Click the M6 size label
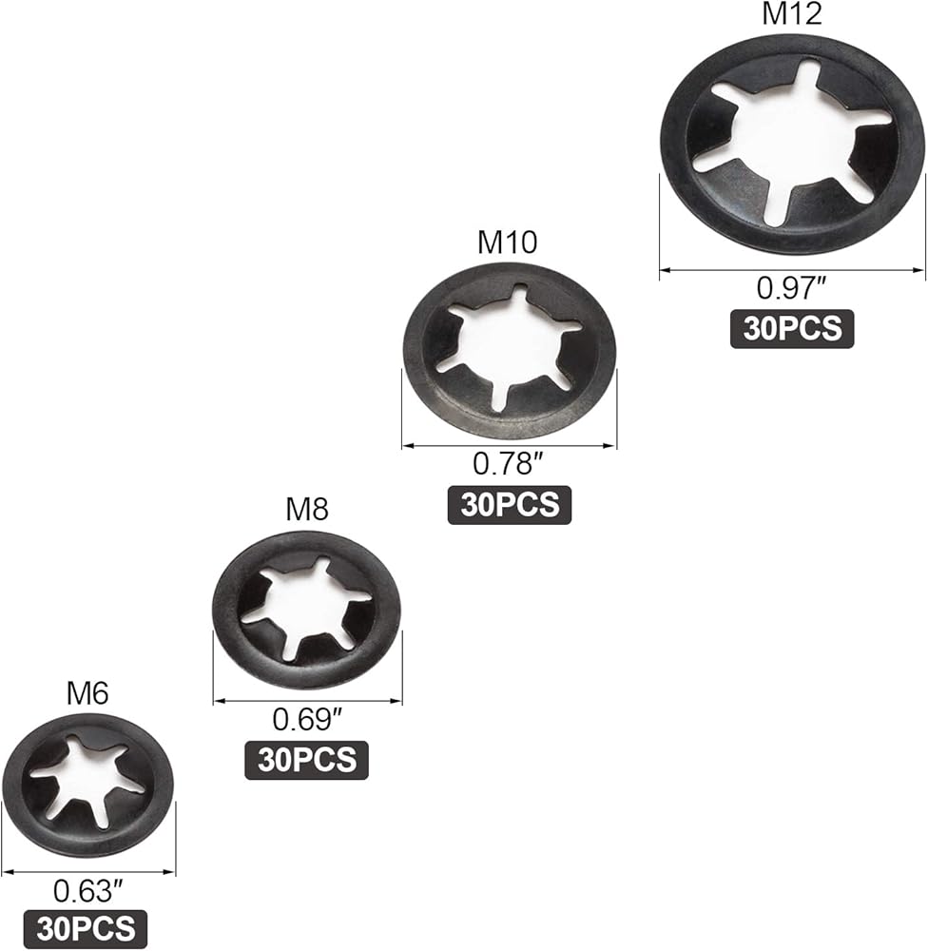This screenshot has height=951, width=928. [87, 692]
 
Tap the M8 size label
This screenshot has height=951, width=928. [307, 510]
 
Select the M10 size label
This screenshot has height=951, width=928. [507, 243]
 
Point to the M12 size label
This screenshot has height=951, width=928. [791, 14]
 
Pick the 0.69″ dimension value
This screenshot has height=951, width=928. [306, 719]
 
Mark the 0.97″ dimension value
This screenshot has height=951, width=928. [791, 286]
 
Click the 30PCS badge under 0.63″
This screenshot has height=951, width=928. [87, 927]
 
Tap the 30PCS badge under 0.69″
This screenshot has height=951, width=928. [306, 759]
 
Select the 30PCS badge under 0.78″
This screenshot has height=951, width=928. [510, 503]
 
